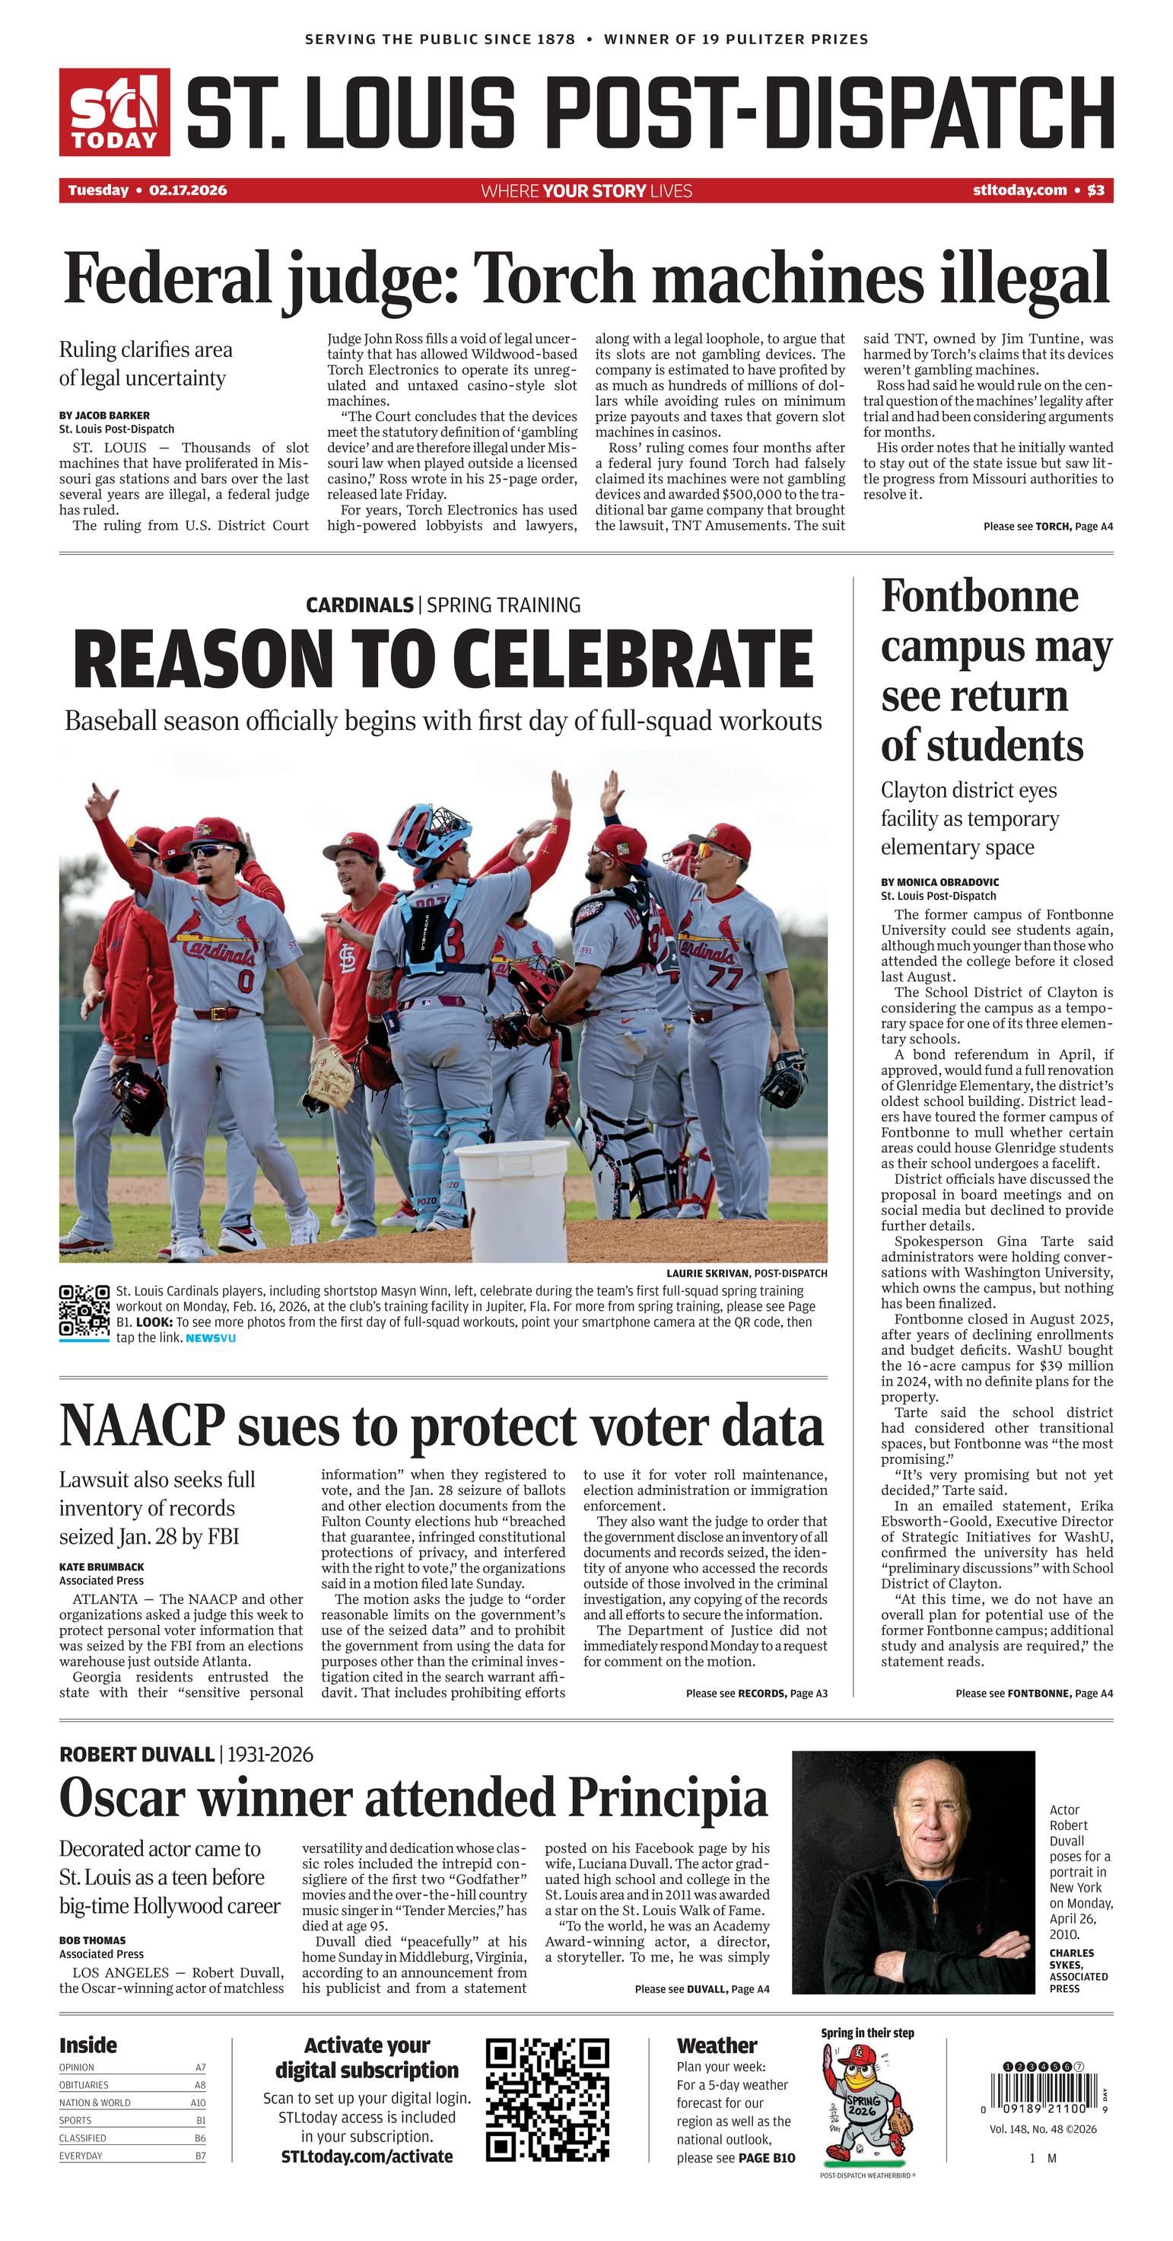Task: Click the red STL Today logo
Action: pyautogui.click(x=114, y=112)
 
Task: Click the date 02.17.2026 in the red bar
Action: pyautogui.click(x=188, y=190)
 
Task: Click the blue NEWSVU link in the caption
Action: pyautogui.click(x=211, y=1337)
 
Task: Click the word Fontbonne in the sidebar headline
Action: pyautogui.click(x=979, y=597)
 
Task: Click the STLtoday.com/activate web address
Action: pyautogui.click(x=367, y=2157)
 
